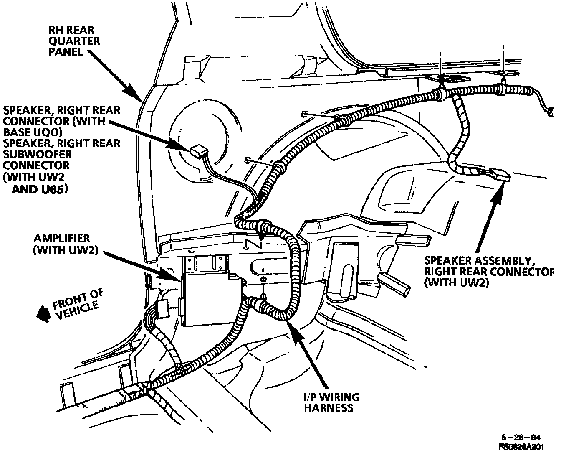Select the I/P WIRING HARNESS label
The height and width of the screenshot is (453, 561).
point(332,402)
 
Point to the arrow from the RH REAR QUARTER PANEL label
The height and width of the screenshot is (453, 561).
point(117,76)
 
